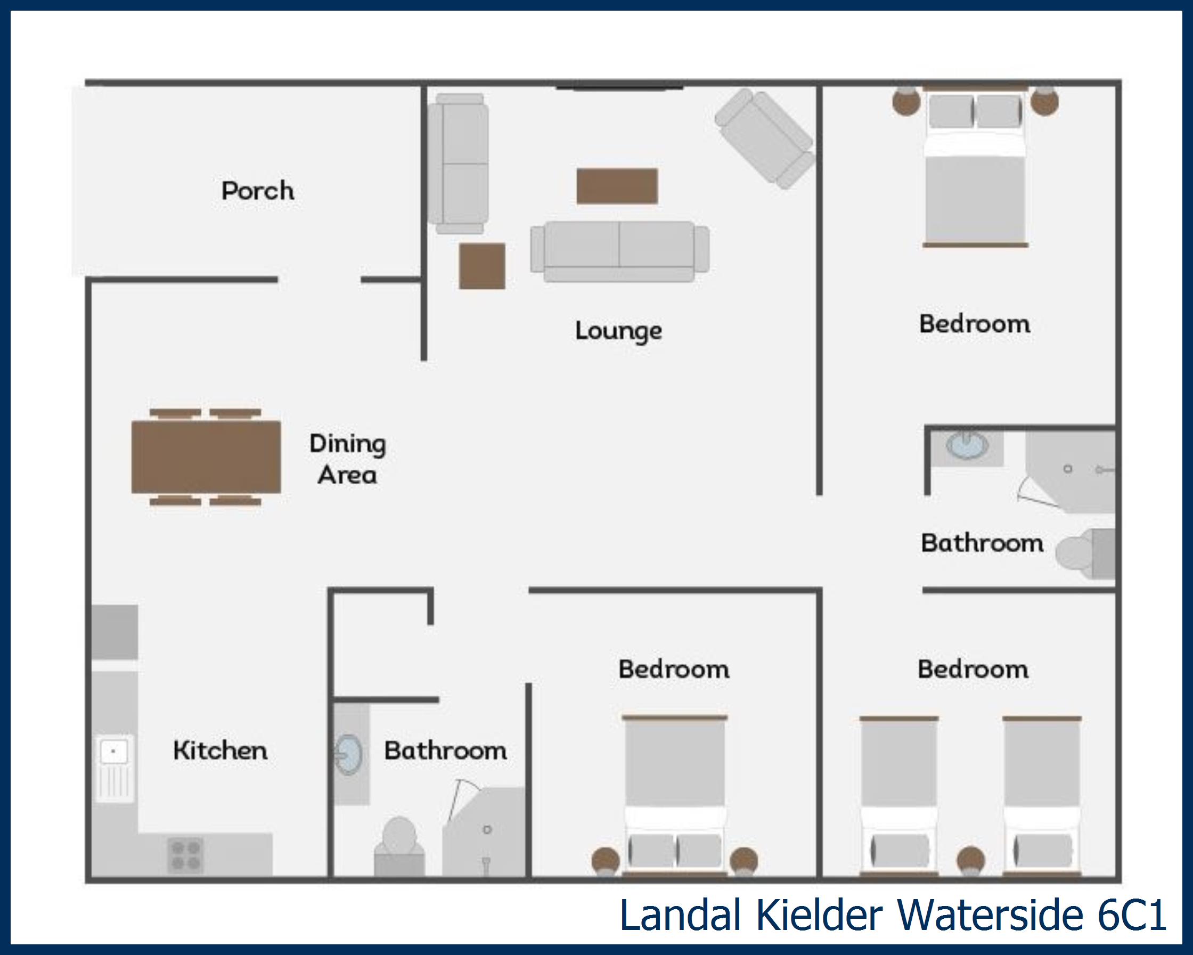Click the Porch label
point(257,191)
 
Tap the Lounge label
point(618,331)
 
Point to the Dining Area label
point(347,459)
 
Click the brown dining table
point(206,456)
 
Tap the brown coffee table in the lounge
point(617,186)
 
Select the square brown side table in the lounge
point(481,266)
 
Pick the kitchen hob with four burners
point(185,855)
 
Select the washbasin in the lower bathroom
point(349,754)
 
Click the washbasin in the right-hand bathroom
point(966,445)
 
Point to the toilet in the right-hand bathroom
point(1084,553)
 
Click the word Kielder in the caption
point(819,916)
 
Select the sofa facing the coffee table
point(620,252)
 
